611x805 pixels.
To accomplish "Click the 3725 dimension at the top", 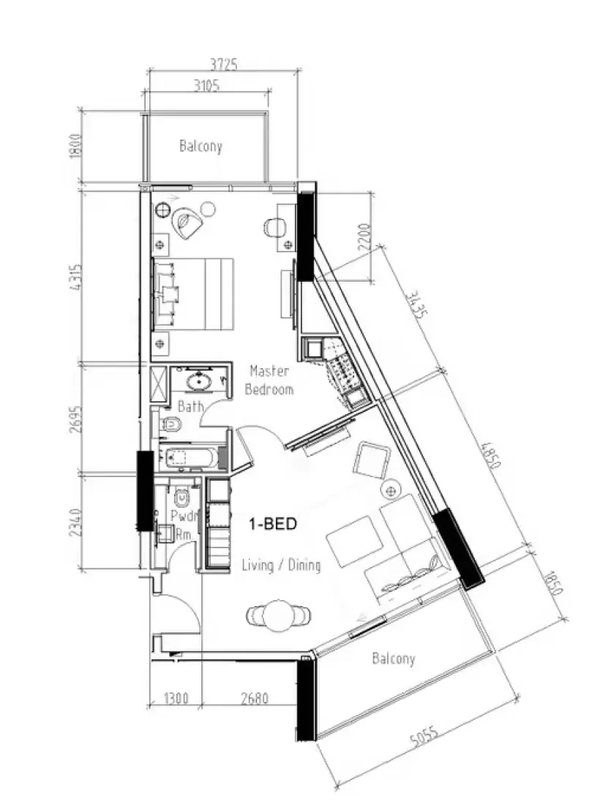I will (224, 64).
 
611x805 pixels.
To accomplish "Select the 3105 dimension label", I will (206, 85).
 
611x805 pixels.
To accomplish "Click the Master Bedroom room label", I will (269, 381).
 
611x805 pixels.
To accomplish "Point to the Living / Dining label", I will (281, 565).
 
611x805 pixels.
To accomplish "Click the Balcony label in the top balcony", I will (200, 146).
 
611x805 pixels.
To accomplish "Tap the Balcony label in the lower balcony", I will (393, 659).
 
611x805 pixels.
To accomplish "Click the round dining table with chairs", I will (277, 615).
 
